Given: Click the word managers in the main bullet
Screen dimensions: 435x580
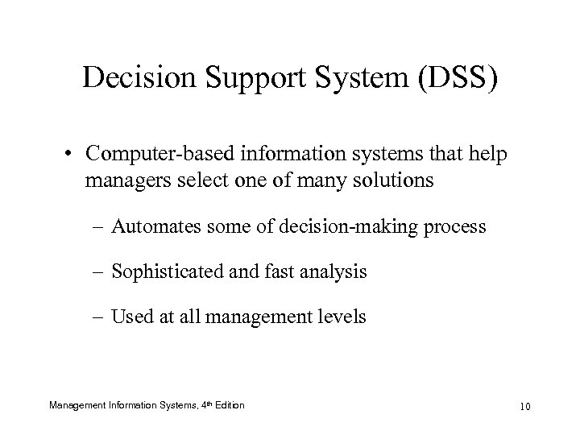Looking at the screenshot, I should [x=121, y=180].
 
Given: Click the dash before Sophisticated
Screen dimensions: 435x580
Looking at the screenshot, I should [x=102, y=272].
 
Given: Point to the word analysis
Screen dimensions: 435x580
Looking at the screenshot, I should [x=335, y=272].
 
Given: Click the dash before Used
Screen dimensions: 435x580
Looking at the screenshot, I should [x=102, y=317].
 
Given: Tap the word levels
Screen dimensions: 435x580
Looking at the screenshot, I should [x=340, y=317].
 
